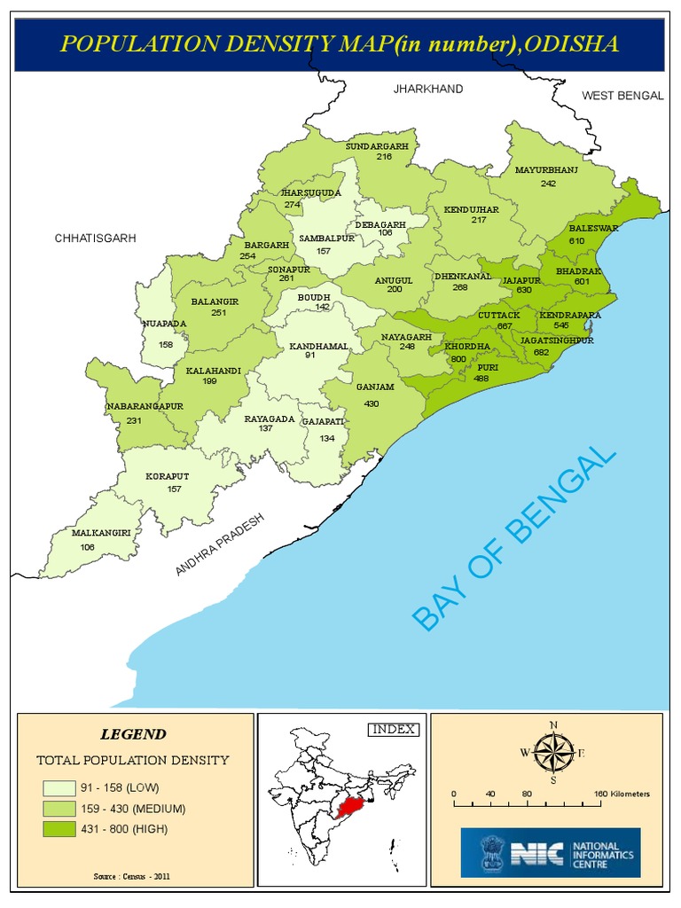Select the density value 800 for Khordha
point(458,358)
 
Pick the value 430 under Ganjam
point(372,403)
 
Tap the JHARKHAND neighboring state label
point(428,89)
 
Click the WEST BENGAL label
point(622,95)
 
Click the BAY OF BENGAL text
point(514,540)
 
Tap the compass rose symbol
point(553,754)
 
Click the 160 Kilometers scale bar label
point(621,794)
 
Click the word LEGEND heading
point(132,734)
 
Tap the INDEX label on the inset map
point(391,729)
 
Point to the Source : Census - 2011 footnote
point(132,876)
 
